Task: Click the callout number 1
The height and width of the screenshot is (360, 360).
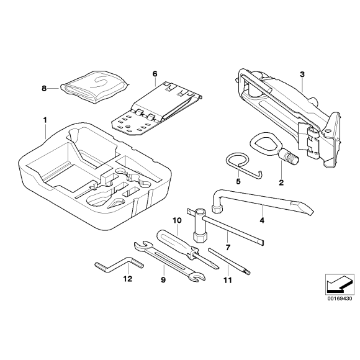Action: [44, 118]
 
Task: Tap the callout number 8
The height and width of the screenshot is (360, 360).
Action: [44, 89]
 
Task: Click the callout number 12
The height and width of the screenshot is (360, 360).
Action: [127, 279]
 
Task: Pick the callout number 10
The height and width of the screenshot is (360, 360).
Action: [176, 220]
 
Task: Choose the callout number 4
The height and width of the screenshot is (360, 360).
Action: [262, 220]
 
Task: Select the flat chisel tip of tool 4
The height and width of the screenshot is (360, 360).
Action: [301, 212]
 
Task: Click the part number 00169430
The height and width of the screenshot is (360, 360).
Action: [339, 298]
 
